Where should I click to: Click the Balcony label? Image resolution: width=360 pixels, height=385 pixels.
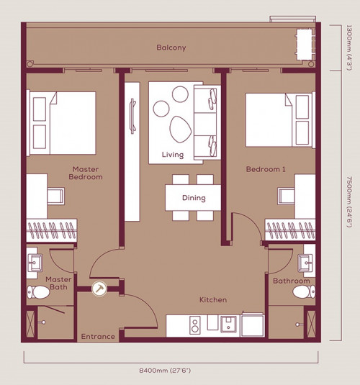pos(171,47)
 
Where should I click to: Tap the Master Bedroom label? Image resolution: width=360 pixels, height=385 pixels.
pos(86,173)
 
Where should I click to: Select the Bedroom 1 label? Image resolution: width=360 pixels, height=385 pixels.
pos(266,169)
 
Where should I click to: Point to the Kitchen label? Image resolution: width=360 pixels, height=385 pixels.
pos(213,300)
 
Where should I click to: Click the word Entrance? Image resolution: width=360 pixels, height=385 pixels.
pos(98,336)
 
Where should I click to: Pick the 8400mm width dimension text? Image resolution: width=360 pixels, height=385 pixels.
pos(165,371)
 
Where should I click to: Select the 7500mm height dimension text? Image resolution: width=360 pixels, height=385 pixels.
pos(349,201)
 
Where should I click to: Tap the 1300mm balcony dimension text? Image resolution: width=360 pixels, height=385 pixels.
pos(349,47)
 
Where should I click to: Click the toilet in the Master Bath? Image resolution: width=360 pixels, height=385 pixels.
pos(38,292)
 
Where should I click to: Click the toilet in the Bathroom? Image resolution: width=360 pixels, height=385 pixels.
pos(304,291)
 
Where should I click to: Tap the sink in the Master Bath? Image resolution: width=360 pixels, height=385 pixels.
pos(35,263)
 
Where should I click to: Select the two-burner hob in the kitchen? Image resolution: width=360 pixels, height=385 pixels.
pos(195,325)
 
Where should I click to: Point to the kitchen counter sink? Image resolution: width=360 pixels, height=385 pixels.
pos(228,324)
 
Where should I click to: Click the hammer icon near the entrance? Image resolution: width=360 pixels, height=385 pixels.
pos(99,289)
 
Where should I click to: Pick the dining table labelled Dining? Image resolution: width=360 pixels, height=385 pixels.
pos(193,198)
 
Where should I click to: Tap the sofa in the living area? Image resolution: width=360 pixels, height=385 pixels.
pos(207,122)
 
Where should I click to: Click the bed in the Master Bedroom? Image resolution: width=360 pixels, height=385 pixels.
pos(61,123)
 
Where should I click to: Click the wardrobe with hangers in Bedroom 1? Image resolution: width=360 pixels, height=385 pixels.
pos(290,230)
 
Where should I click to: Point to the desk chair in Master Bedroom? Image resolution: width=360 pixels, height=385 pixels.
pos(55,196)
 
